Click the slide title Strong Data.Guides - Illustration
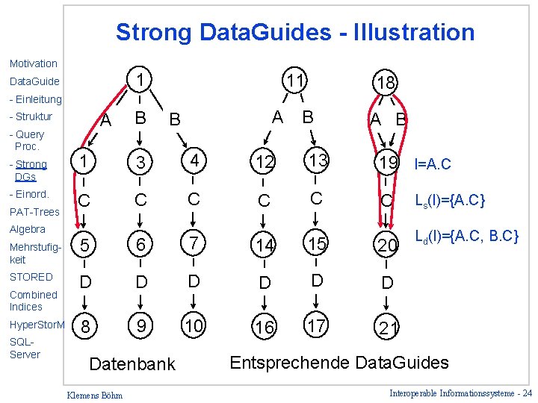[294, 32]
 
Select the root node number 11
[295, 81]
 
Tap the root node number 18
[387, 83]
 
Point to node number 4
[193, 161]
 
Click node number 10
[193, 325]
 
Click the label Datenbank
[132, 364]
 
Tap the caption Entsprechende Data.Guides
[339, 363]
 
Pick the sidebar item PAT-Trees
[34, 212]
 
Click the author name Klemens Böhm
[95, 394]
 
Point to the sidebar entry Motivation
[33, 63]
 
